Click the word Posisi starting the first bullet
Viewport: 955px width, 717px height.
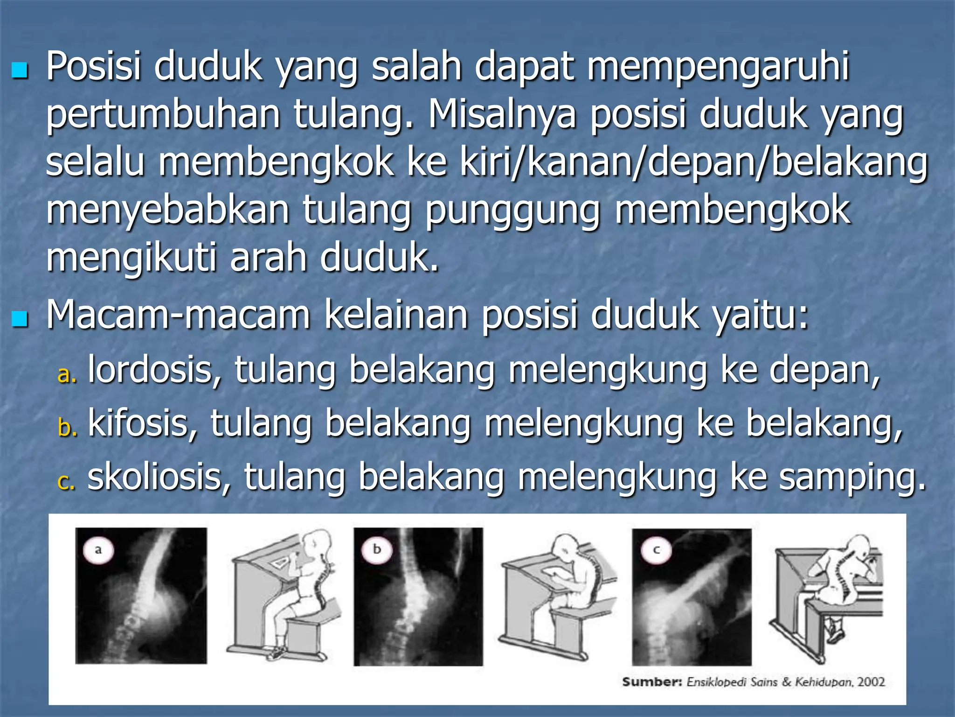(x=93, y=66)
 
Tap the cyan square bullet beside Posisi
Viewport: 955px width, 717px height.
(x=20, y=71)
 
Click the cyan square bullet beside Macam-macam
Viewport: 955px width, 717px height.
(x=20, y=320)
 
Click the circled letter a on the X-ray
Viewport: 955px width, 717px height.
(x=98, y=549)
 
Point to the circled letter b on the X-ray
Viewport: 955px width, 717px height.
(x=377, y=549)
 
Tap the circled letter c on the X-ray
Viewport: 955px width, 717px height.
(x=656, y=550)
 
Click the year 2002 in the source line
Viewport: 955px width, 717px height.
(x=871, y=682)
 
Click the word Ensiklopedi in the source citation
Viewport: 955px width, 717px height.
(x=716, y=682)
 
